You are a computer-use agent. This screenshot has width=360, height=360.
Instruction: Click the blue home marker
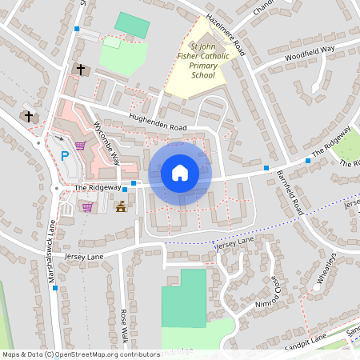180,172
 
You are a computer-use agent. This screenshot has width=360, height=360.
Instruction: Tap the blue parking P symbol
65,155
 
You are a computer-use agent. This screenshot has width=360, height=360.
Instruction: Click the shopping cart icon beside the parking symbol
80,146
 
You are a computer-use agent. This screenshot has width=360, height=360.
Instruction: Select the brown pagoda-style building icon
122,207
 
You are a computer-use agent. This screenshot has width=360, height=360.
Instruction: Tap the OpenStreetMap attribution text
81,354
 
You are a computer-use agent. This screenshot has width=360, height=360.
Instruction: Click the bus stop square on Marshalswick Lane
54,289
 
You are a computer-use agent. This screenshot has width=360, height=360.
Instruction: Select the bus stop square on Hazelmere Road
77,29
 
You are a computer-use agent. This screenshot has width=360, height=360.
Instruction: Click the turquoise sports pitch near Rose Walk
182,298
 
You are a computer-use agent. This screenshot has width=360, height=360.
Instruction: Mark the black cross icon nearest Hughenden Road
80,70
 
